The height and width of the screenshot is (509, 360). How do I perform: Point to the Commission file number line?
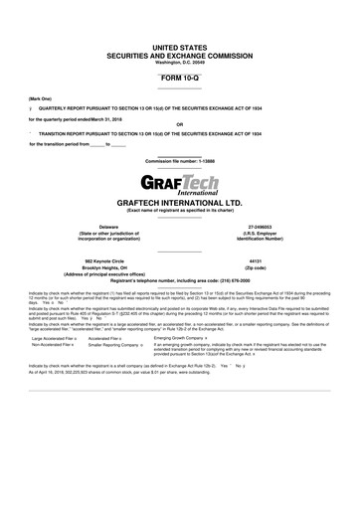point(179,161)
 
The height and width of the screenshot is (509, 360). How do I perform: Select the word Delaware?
point(102,227)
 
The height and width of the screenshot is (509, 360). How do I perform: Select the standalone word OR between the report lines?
point(179,124)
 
